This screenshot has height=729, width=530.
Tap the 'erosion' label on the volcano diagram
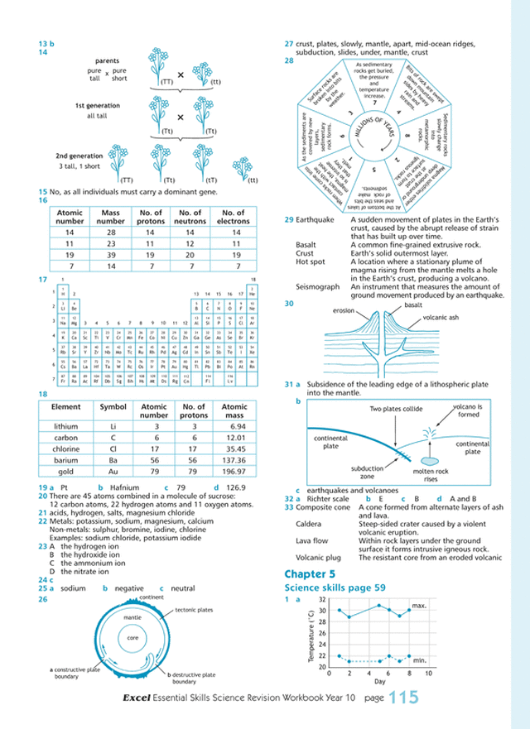pos(344,311)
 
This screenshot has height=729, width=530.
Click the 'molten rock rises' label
pos(431,473)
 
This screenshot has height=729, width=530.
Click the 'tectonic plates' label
pos(195,610)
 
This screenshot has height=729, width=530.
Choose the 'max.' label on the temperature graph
pos(418,607)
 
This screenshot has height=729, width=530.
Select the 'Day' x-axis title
pos(378,681)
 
